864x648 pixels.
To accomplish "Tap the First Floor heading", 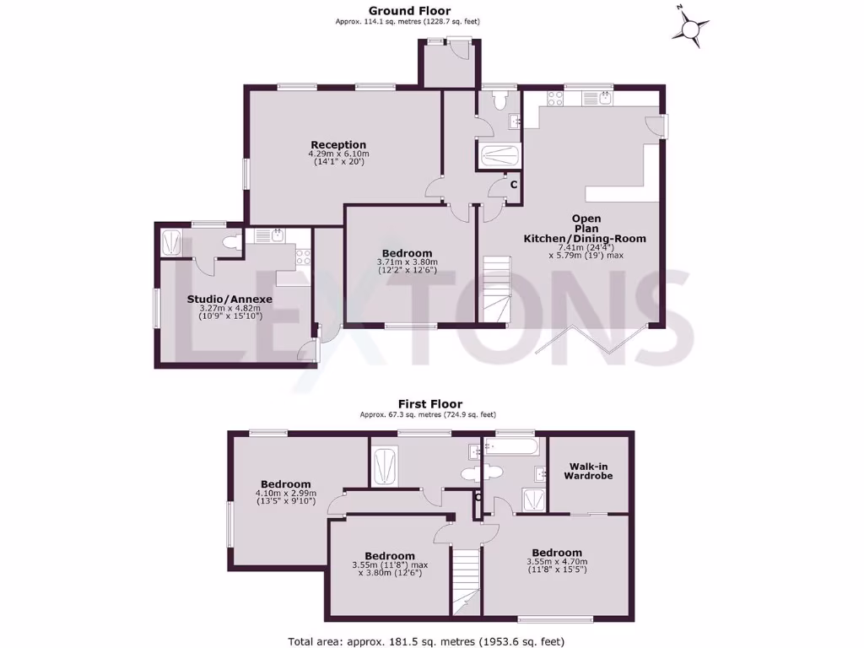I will click(430, 404).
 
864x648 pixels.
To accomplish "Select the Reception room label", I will click(338, 144).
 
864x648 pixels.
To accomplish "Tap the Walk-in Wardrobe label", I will click(589, 471).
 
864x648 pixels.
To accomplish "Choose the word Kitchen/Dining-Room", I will click(585, 239).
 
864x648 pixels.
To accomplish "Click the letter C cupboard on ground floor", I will click(513, 183).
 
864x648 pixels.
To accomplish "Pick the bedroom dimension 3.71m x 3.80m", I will click(407, 262).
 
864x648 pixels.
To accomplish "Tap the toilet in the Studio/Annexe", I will click(229, 243).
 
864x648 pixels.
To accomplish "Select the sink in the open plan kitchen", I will click(607, 97).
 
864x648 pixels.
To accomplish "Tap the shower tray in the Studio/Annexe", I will click(170, 242).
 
